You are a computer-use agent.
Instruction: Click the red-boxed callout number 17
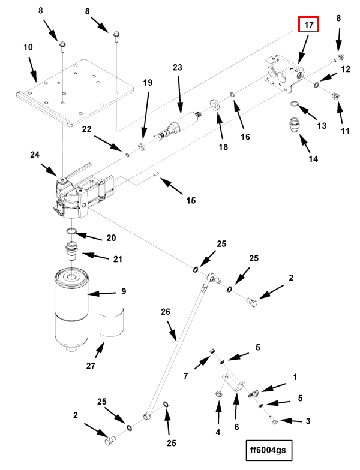pyautogui.click(x=308, y=25)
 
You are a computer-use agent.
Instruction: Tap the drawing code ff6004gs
pyautogui.click(x=268, y=450)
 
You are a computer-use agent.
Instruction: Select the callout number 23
pyautogui.click(x=178, y=67)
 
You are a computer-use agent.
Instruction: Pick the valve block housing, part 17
pyautogui.click(x=284, y=74)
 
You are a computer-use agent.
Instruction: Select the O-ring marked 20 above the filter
pyautogui.click(x=71, y=231)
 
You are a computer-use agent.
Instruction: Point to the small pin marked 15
pyautogui.click(x=156, y=174)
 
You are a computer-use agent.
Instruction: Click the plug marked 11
pyautogui.click(x=335, y=97)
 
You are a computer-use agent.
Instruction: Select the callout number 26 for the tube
pyautogui.click(x=166, y=312)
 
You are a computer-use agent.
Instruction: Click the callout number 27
pyautogui.click(x=91, y=366)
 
